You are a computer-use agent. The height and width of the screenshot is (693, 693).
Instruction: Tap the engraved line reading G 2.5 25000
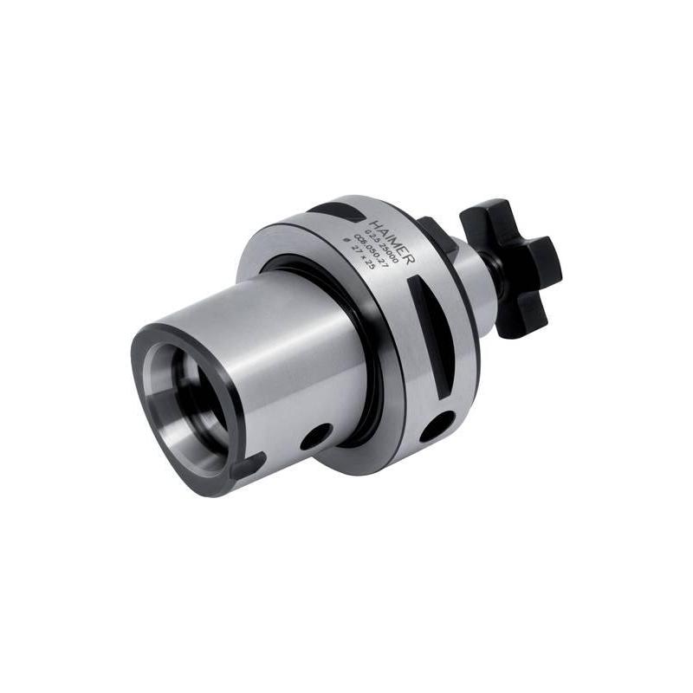point(378,238)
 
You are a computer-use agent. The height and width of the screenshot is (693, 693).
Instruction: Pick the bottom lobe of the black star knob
point(518,321)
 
